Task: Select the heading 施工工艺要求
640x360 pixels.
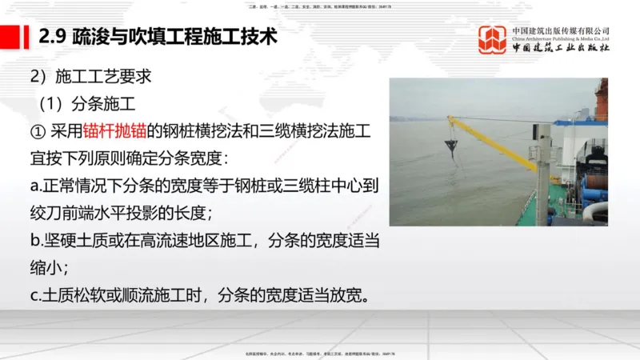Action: [100, 78]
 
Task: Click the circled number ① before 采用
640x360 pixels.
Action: [37, 131]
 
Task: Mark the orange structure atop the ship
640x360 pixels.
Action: [602, 99]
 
